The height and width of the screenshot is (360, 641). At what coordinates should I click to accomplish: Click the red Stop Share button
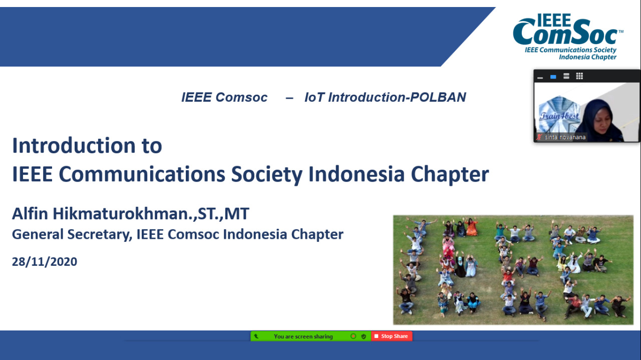392,336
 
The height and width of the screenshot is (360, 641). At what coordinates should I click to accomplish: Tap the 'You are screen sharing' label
303,336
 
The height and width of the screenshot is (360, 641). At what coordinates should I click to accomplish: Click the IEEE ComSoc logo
567,37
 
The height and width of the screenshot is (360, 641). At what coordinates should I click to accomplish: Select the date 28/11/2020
45,261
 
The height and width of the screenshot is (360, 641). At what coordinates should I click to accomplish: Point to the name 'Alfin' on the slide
30,213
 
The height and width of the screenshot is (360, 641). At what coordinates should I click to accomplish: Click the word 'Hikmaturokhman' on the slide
120,213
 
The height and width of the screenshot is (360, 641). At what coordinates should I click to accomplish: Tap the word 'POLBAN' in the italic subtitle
438,97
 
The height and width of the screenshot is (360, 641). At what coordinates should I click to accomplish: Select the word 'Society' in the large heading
267,174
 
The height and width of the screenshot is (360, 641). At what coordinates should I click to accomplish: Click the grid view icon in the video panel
579,76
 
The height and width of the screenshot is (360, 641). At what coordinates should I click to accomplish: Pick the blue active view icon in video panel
553,77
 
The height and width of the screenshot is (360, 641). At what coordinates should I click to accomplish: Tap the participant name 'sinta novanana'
565,137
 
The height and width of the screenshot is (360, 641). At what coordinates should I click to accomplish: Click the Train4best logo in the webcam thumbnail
559,115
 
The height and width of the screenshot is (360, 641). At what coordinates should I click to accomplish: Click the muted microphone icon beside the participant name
539,137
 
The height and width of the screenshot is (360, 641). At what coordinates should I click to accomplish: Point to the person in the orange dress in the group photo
471,227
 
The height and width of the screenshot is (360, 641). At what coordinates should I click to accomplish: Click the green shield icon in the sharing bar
364,336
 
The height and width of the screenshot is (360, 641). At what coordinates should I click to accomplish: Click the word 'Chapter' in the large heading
450,174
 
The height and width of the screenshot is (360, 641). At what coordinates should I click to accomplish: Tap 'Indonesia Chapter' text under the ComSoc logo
588,57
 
